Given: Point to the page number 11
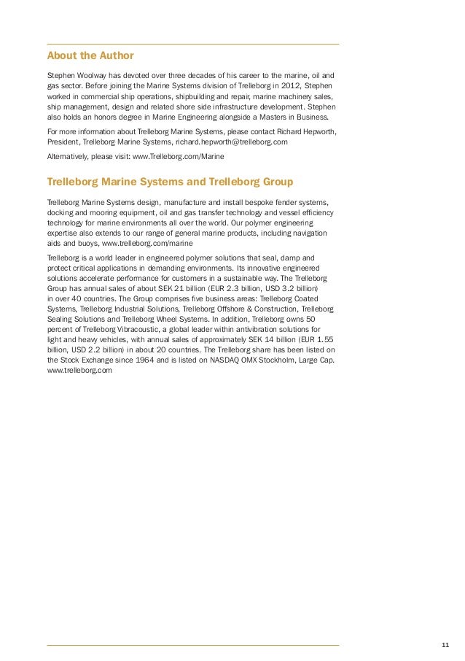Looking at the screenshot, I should [x=445, y=644].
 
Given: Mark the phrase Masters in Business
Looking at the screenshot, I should [x=295, y=115].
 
